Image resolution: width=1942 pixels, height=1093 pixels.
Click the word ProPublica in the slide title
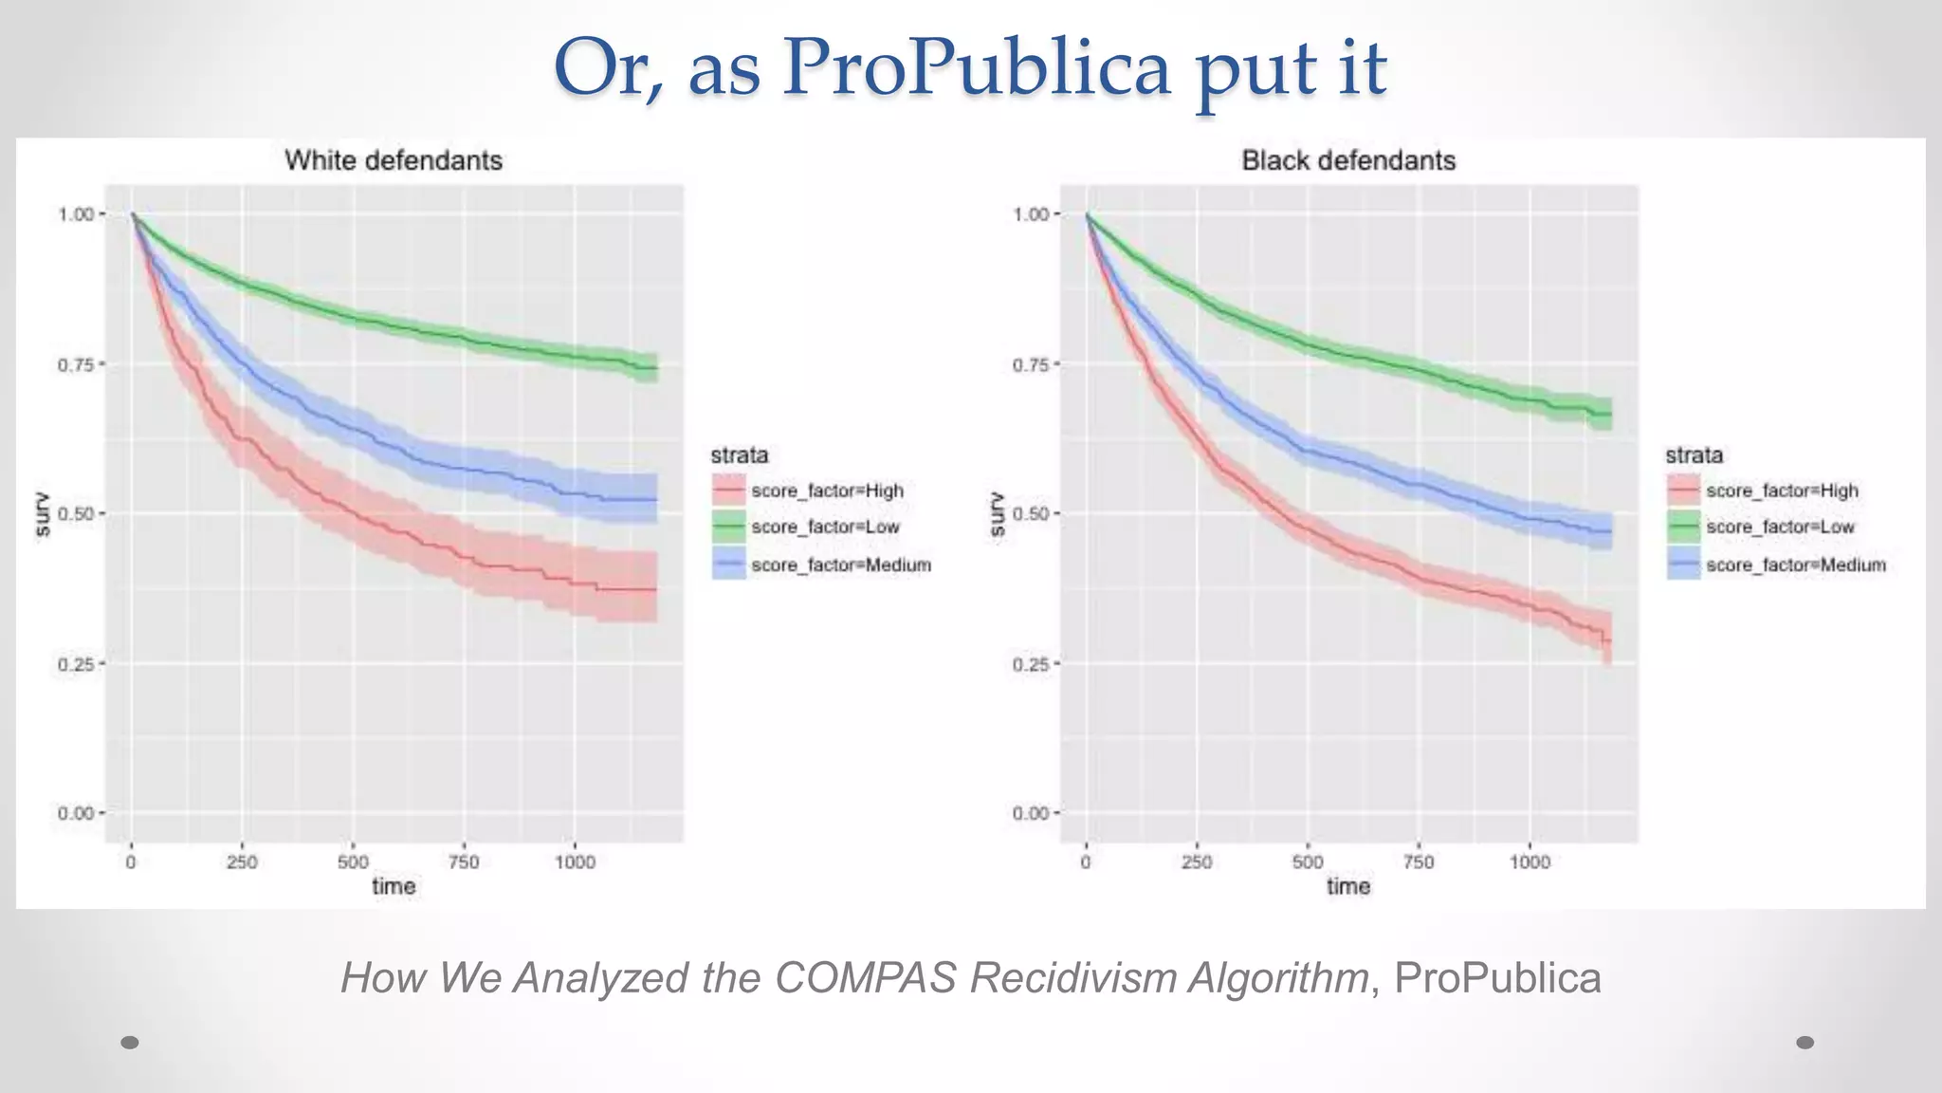(x=977, y=68)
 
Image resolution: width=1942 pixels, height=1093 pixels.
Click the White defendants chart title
(x=394, y=160)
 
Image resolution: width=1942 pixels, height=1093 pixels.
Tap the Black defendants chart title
(x=1348, y=160)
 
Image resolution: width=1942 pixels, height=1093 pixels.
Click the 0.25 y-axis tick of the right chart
(x=1031, y=664)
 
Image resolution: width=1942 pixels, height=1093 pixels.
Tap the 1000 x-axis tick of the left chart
(x=575, y=861)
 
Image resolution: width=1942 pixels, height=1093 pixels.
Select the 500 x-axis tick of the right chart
(x=1308, y=861)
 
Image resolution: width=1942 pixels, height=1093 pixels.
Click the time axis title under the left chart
(x=394, y=886)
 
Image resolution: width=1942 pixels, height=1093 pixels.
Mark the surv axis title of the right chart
(x=996, y=513)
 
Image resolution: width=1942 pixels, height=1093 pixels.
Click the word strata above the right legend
(x=1694, y=455)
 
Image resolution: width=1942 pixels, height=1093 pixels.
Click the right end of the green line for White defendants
(x=656, y=368)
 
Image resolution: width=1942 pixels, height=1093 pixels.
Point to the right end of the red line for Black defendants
(x=1609, y=641)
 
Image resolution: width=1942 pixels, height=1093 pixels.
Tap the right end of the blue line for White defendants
(x=656, y=500)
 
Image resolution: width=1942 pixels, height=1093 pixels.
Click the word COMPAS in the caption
(x=865, y=977)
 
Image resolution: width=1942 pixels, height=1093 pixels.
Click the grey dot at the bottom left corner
(x=131, y=1043)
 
